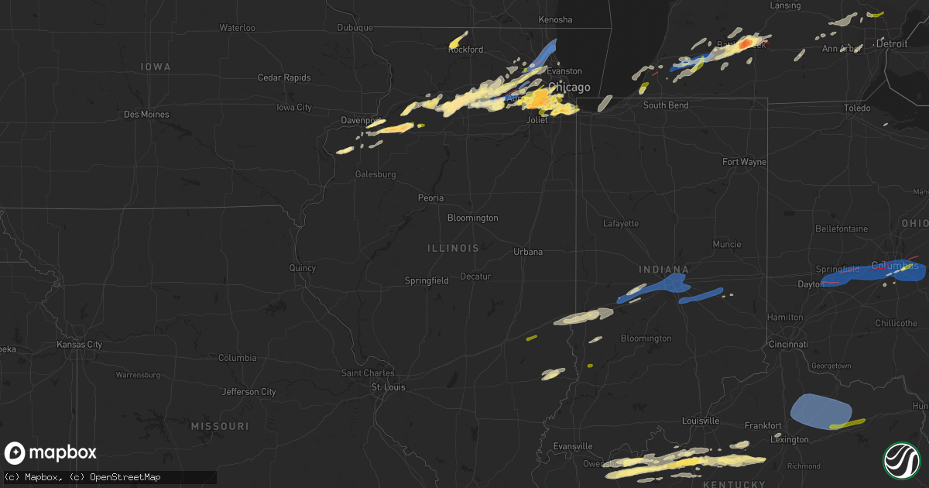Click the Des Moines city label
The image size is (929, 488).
point(146,114)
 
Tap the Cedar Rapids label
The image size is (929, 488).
point(284,77)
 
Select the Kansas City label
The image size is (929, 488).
point(80,344)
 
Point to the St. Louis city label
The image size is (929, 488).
point(388,387)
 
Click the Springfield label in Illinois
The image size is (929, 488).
point(427,280)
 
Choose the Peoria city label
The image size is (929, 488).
point(430,198)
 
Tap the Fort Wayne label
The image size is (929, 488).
point(744,162)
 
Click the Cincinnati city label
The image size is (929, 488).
point(788,343)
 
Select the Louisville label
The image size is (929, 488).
point(700,421)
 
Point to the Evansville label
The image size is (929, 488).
point(574,446)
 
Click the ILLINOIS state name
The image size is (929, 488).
point(453,248)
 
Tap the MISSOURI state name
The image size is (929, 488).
point(220,427)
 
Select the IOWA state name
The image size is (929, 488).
point(156,67)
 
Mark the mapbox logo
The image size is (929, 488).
point(51,453)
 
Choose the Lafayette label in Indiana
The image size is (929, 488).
point(621,223)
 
